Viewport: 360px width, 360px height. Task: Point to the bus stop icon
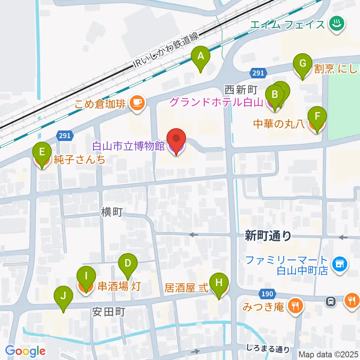[331, 301]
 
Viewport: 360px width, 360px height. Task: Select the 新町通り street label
[268, 235]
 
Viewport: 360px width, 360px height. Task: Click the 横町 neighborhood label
[111, 212]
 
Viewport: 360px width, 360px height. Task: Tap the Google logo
[25, 351]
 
